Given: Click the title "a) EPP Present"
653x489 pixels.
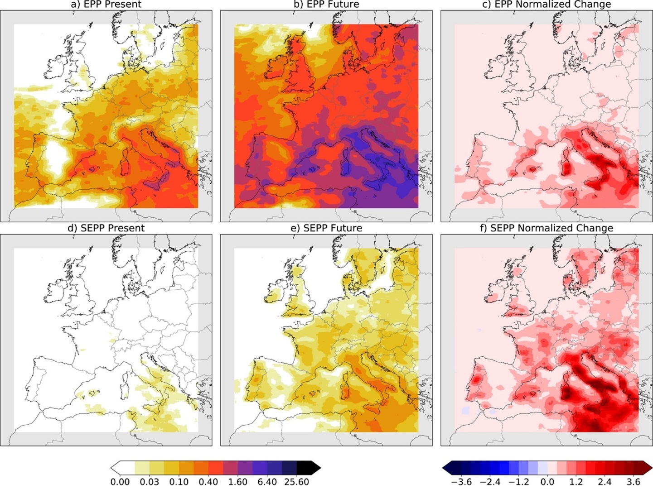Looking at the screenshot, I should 106,5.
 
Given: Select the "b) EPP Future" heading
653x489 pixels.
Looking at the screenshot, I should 326,5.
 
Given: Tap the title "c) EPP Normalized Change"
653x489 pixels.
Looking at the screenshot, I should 547,5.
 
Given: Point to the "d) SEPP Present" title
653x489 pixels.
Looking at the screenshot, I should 106,228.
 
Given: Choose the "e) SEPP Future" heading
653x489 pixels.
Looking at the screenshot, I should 326,228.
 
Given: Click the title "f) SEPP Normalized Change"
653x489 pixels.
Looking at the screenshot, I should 547,228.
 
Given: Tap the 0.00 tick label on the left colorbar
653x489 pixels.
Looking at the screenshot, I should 120,482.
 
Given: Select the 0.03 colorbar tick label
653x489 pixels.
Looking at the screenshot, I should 150,482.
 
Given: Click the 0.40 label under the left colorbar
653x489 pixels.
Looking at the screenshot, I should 208,482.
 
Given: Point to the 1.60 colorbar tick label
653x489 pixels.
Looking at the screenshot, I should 238,482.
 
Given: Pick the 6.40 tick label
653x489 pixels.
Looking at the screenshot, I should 267,482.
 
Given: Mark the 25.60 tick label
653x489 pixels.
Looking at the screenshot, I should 297,482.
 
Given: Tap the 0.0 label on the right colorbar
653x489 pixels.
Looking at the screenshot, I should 547,482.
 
